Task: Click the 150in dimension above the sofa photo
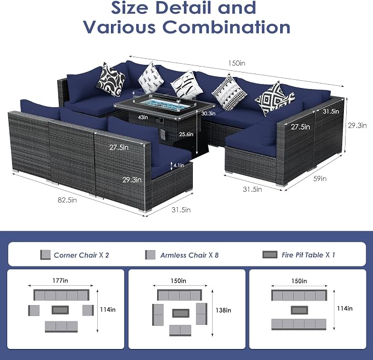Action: click(x=236, y=63)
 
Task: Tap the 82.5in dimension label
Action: click(x=68, y=200)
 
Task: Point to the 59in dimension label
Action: click(x=320, y=179)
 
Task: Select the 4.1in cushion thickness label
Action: click(x=179, y=165)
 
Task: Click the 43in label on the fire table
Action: click(x=143, y=117)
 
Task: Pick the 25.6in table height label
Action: click(x=186, y=134)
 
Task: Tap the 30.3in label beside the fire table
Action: click(x=208, y=114)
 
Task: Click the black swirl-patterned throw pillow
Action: click(x=111, y=80)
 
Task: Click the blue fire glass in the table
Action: click(x=158, y=104)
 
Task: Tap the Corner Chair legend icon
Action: click(x=45, y=254)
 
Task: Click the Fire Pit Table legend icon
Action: click(x=270, y=254)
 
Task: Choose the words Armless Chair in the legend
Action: click(x=183, y=256)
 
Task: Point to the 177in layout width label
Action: click(x=60, y=280)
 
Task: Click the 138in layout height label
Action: click(x=224, y=311)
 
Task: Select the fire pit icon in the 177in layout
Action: click(x=60, y=310)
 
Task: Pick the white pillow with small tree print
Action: click(x=151, y=78)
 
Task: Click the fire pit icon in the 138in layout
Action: click(x=181, y=313)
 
